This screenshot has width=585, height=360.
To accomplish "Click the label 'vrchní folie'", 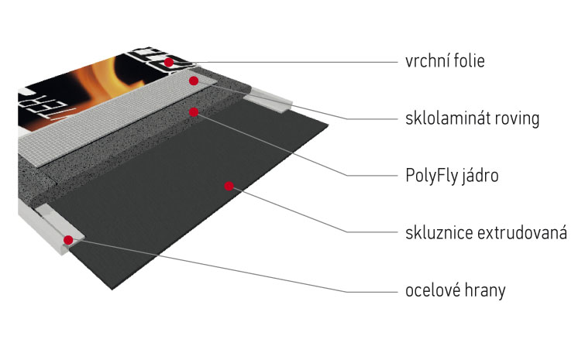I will (445, 60).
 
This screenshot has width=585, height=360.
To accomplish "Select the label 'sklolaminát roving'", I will (471, 119).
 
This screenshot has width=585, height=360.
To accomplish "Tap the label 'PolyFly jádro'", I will (451, 176).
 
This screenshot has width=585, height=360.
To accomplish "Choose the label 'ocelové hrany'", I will (455, 290).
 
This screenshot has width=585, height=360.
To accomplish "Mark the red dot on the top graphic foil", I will (168, 61).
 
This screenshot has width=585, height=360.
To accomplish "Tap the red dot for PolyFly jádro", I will (194, 111).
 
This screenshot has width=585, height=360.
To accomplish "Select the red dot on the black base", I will (229, 185).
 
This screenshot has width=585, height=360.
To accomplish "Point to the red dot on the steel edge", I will (69, 240).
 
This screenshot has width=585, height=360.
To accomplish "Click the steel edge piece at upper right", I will (267, 98).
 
